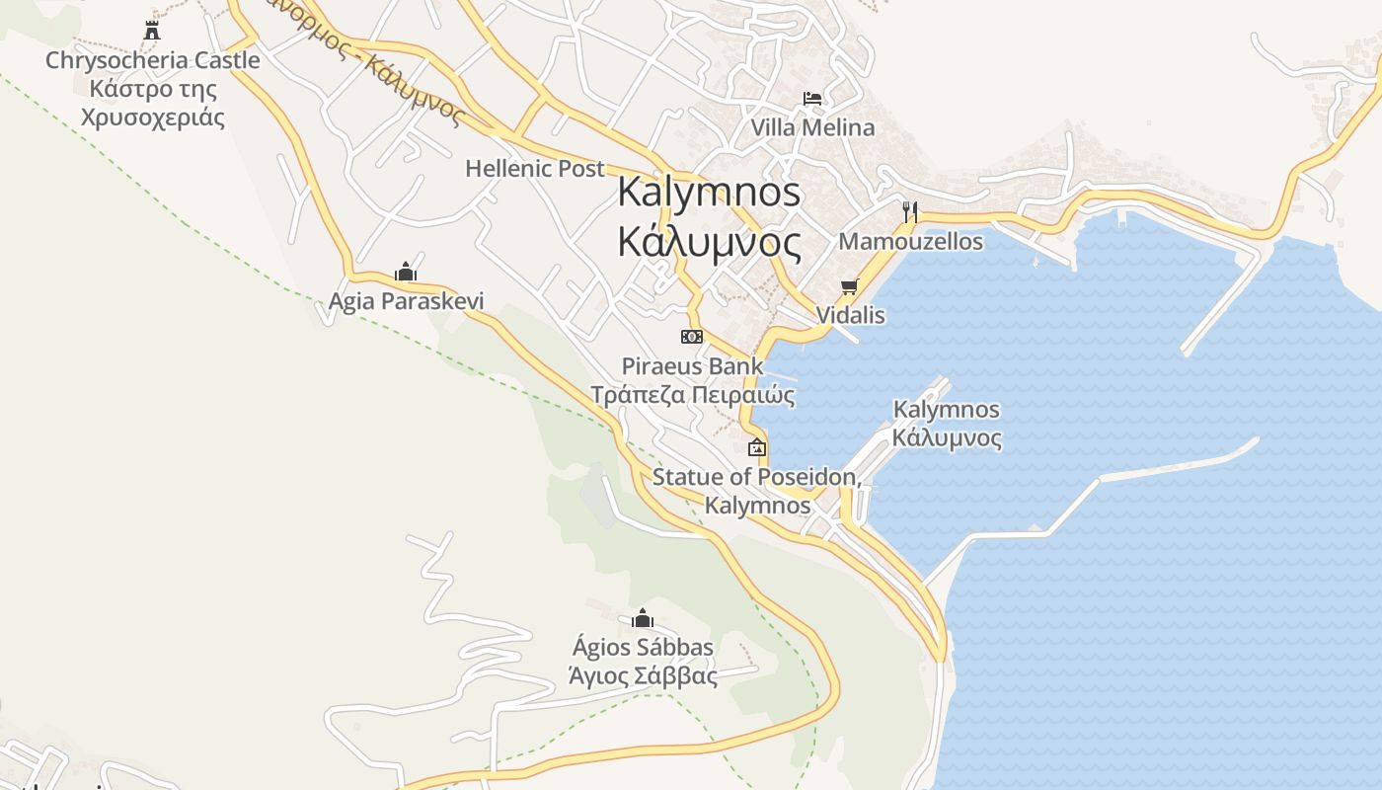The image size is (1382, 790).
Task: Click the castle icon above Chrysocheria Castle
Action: (152, 31)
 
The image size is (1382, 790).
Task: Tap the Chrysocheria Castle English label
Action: (153, 60)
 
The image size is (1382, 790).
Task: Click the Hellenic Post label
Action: (535, 169)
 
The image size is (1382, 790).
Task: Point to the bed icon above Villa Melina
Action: (812, 98)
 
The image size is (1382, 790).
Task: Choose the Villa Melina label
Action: (812, 127)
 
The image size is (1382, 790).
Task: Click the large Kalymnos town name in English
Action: (709, 192)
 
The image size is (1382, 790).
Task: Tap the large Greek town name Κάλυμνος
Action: (709, 241)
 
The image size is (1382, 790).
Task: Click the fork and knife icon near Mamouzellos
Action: (910, 210)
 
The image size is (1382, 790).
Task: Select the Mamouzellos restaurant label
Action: (910, 241)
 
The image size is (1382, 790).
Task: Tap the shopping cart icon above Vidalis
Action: (849, 286)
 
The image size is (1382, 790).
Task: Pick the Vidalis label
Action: (850, 315)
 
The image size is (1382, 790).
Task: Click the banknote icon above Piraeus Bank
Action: (692, 337)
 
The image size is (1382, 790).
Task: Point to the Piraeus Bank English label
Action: (692, 366)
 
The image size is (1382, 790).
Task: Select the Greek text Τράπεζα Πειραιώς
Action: (692, 395)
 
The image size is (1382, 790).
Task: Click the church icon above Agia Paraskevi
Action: (405, 272)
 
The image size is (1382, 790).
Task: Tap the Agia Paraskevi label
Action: (407, 301)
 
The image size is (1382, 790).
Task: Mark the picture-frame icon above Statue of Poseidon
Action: (757, 447)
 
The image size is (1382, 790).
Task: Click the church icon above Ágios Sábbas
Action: (643, 619)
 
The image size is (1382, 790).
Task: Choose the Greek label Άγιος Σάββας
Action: (643, 676)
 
